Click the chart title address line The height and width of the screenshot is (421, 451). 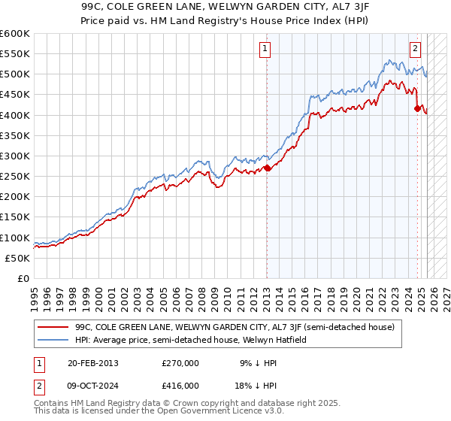coord(225,6)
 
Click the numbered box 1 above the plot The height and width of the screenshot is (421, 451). coord(266,50)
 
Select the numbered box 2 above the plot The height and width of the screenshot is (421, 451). coord(415,50)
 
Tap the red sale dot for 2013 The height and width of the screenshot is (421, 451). coord(268,168)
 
